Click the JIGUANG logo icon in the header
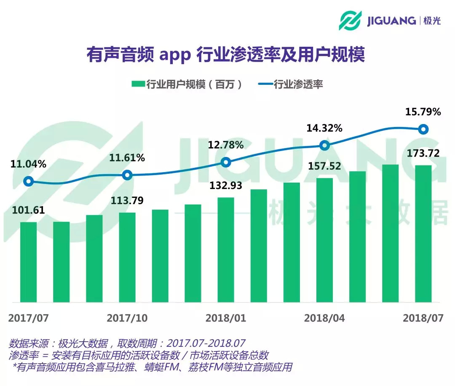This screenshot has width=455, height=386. point(351,20)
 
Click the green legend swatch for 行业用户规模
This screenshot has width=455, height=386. point(138,84)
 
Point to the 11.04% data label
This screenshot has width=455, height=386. point(28,165)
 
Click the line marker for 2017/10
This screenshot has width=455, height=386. point(127,175)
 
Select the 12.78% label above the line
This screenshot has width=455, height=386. point(226,146)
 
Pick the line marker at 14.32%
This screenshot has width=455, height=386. point(324,146)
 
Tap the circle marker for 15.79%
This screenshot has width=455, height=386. point(423,129)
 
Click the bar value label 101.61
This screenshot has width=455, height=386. point(28,211)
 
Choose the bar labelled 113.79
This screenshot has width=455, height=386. point(127,257)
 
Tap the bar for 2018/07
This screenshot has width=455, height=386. point(423,234)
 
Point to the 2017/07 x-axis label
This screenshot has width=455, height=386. point(28,318)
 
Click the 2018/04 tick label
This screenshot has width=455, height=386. point(324,318)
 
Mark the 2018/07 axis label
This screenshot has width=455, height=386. point(423,318)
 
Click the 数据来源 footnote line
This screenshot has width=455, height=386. point(126,343)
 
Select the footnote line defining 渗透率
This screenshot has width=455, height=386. point(139,355)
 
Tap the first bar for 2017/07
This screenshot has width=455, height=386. point(28,262)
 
